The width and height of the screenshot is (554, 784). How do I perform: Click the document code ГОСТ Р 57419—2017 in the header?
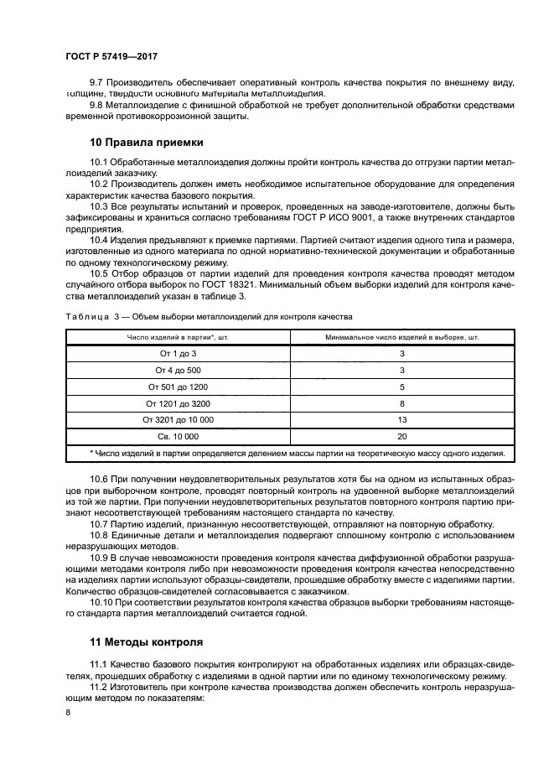click(x=111, y=56)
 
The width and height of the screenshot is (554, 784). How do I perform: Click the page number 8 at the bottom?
click(x=68, y=712)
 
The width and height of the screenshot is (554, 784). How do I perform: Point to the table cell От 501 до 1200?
click(x=178, y=387)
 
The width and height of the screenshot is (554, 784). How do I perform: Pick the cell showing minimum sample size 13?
click(x=401, y=420)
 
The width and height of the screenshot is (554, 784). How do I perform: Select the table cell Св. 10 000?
click(x=178, y=437)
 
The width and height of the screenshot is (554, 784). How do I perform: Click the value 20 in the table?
click(x=401, y=437)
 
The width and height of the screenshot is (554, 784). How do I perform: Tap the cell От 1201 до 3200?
click(x=178, y=403)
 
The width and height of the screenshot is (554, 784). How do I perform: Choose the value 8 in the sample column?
click(x=401, y=403)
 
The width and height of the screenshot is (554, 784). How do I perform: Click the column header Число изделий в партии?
click(x=178, y=337)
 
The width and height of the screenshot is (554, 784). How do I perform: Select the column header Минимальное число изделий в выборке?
click(x=401, y=337)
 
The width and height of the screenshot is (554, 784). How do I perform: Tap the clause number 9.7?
click(x=96, y=83)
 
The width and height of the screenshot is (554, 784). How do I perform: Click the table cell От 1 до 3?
click(x=178, y=354)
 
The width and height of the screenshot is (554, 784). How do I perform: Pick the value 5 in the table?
click(x=401, y=387)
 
